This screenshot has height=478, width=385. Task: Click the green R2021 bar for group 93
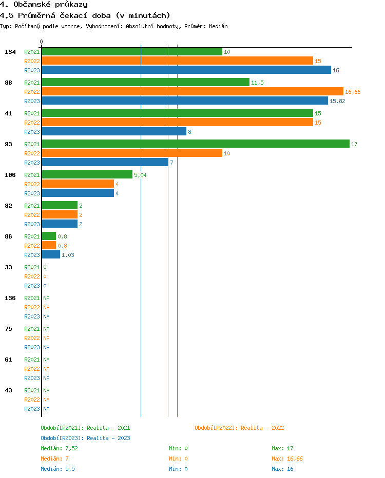195,144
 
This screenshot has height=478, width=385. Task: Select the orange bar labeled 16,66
192,91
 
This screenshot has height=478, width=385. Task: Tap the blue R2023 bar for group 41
113,131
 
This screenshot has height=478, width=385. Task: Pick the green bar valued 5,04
87,174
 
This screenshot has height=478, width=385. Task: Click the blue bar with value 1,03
51,254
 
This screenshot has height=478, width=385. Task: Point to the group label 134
10,52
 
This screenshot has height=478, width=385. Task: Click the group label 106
10,175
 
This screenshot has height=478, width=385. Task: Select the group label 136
10,298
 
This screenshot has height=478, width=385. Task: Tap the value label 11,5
257,83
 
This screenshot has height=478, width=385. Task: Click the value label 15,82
337,101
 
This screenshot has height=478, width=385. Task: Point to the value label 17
354,144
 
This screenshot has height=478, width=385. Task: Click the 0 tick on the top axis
42,42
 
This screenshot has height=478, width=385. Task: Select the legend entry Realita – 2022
239,428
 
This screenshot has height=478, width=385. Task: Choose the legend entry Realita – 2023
85,438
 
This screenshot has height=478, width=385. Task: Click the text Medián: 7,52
59,448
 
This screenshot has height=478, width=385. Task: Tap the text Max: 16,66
287,459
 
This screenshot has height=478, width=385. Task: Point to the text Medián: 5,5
57,469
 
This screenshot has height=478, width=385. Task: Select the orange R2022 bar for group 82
60,214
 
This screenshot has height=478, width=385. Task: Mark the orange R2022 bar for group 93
131,153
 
